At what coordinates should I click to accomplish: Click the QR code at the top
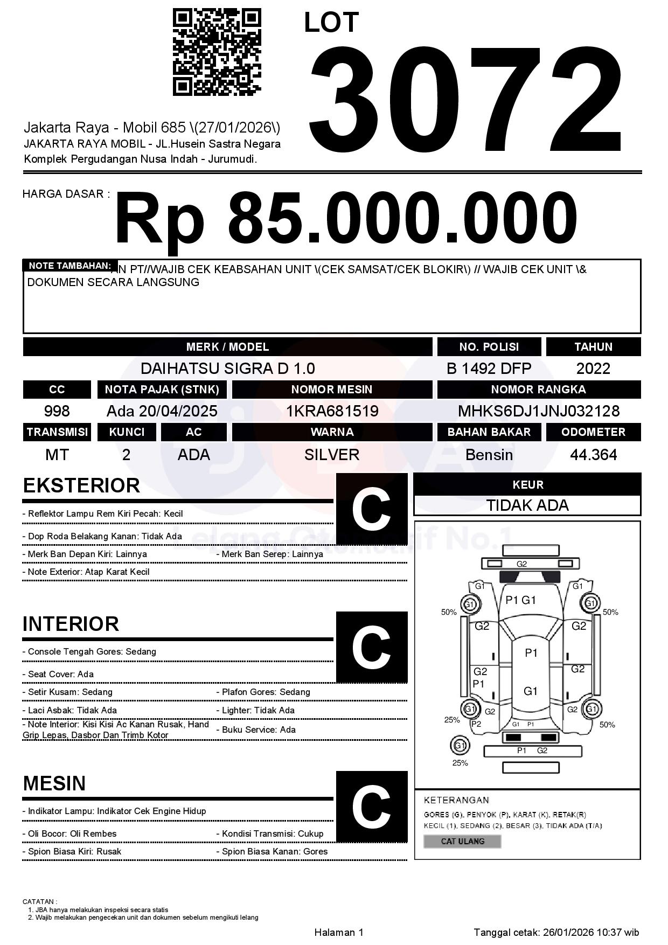click(x=217, y=52)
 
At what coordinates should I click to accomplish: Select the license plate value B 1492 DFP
click(x=489, y=369)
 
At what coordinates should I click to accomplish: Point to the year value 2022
click(x=593, y=369)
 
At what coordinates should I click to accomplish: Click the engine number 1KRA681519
click(x=332, y=411)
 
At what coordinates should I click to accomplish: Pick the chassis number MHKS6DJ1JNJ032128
click(x=539, y=411)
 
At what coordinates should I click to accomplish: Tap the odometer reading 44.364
click(x=593, y=455)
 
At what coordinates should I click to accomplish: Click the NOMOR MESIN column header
click(x=332, y=390)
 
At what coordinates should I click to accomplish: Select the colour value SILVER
click(x=332, y=455)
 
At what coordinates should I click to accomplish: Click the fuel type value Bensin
click(x=489, y=455)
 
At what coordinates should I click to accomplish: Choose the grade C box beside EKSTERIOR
click(x=371, y=509)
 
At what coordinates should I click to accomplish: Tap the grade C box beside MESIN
click(x=371, y=807)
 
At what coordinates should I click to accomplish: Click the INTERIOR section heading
click(x=71, y=624)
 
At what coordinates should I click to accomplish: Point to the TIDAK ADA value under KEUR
click(x=527, y=505)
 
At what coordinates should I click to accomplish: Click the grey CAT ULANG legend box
click(x=462, y=841)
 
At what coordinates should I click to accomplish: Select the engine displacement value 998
click(x=57, y=411)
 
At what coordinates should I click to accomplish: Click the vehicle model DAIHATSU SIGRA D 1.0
click(x=227, y=369)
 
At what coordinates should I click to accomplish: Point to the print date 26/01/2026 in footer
click(x=568, y=932)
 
